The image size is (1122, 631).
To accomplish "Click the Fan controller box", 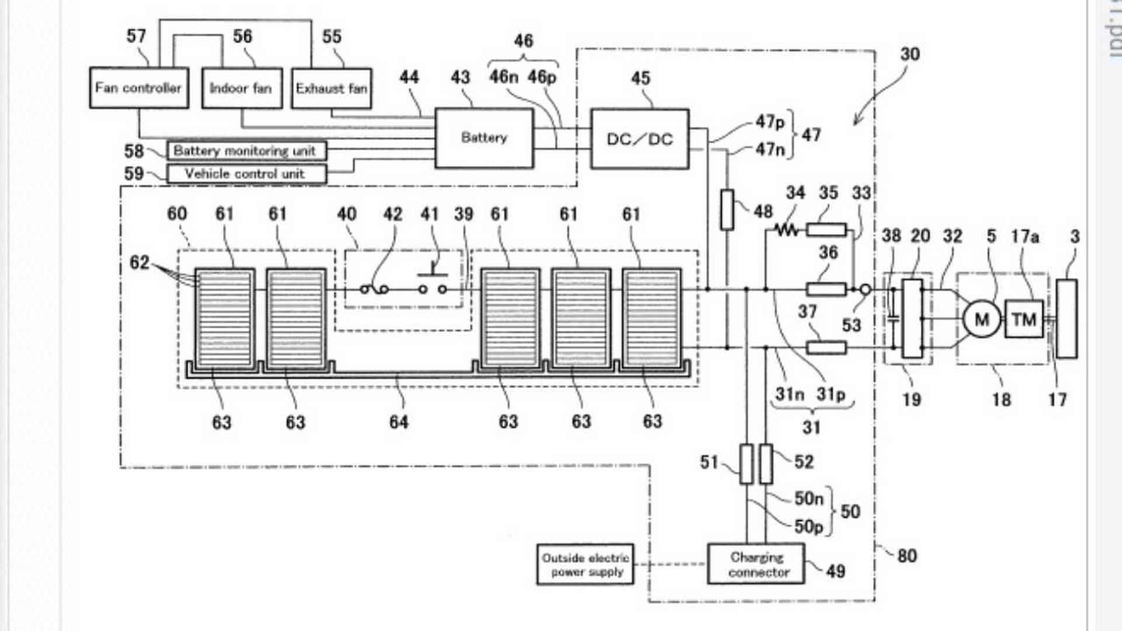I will [x=138, y=88].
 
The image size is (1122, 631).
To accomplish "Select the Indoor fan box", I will [x=241, y=88].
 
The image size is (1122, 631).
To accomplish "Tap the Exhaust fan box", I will [x=331, y=89].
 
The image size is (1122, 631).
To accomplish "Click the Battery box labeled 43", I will [x=484, y=138].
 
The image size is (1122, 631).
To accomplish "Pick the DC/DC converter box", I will [x=640, y=139].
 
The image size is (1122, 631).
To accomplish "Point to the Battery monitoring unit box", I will [x=246, y=151].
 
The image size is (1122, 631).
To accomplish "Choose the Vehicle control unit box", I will [x=246, y=174].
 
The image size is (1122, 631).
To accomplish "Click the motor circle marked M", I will [x=982, y=319].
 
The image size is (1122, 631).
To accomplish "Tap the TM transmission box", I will [x=1024, y=319].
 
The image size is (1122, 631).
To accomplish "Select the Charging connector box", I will [x=756, y=564].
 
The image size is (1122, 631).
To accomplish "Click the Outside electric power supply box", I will [x=585, y=564].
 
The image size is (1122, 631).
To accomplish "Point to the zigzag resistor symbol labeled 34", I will [x=787, y=230].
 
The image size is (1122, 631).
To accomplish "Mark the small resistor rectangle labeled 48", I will [x=727, y=209].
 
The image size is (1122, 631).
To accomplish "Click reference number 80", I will [x=906, y=556].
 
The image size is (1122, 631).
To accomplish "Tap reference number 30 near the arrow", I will [x=910, y=54].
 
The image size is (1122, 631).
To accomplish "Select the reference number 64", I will [x=399, y=422].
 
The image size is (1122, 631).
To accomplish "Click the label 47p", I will [x=770, y=122].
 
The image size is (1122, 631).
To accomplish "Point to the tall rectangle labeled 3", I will [x=1066, y=319].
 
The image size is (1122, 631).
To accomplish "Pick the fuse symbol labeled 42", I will [x=375, y=289].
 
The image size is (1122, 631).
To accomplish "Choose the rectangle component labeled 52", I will [x=766, y=464].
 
